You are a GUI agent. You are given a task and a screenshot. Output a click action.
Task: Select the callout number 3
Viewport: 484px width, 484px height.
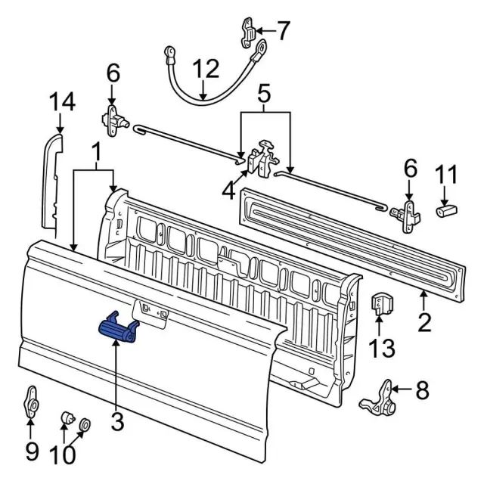[117, 421]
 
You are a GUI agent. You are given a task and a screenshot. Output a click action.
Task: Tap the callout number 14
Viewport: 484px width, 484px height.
[62, 102]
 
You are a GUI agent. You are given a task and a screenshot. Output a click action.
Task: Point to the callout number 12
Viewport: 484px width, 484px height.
[203, 70]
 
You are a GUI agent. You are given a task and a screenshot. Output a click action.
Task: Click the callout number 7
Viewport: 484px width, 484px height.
[283, 31]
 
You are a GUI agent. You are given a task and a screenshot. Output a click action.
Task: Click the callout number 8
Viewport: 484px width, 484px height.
[421, 390]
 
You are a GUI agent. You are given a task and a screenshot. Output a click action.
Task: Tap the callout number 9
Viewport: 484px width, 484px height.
[31, 451]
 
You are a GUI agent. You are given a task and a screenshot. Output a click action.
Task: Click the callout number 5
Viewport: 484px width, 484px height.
[264, 95]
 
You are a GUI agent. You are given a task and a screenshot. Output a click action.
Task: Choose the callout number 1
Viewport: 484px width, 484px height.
[96, 153]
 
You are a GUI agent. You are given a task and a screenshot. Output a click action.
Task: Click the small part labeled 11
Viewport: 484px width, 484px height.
[445, 208]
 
